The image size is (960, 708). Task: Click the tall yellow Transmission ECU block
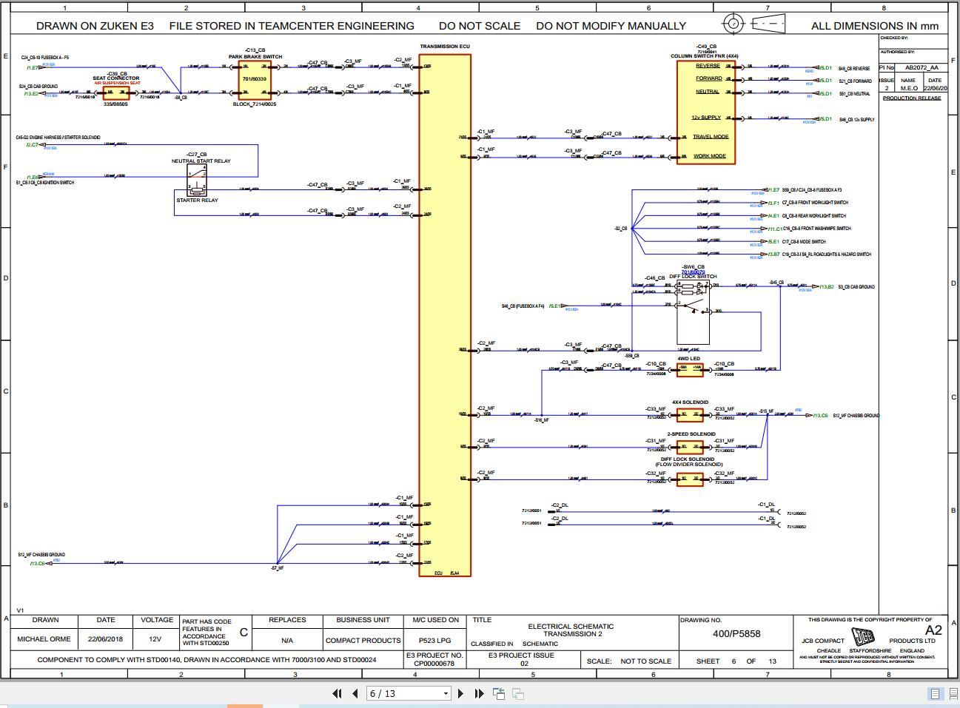(444, 311)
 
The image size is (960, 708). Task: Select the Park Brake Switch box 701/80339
(254, 79)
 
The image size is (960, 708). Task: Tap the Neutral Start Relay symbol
(197, 180)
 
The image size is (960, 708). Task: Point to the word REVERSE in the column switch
(708, 66)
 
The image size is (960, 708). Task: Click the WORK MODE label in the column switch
(709, 156)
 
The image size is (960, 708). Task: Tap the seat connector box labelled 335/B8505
(115, 93)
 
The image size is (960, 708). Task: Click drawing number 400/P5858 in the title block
(736, 633)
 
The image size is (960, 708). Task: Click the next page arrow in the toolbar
(460, 693)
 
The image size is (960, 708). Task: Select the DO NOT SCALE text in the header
(479, 26)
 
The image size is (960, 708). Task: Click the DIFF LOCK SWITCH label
(692, 276)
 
